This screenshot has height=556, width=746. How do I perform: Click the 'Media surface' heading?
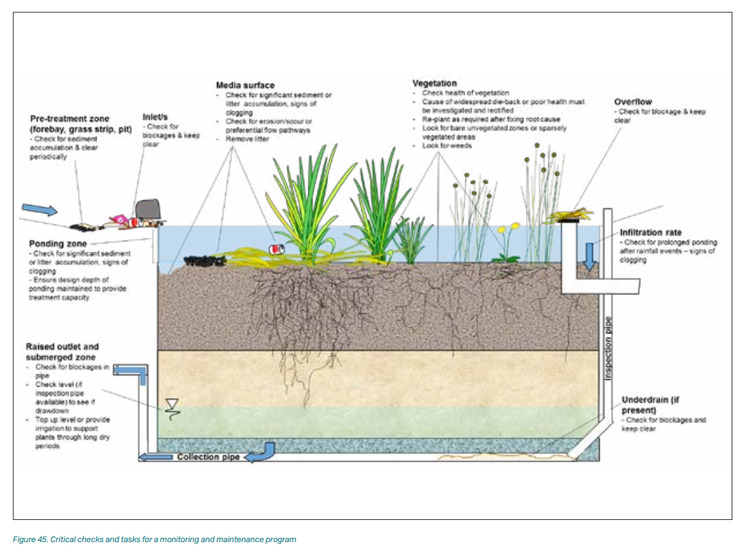point(245,85)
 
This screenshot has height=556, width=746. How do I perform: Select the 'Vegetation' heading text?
point(435,83)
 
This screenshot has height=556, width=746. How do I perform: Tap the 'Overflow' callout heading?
point(633,102)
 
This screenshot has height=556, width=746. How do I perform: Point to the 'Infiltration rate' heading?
point(650,233)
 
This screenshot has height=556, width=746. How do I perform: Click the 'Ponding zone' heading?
point(58,244)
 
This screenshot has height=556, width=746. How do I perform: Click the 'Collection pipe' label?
point(207,457)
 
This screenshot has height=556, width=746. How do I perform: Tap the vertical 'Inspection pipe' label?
point(609,347)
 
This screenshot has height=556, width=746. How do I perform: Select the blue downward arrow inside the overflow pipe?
point(589,256)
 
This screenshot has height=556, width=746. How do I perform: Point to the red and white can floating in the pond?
point(276,249)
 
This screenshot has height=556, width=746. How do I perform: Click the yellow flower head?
point(513,226)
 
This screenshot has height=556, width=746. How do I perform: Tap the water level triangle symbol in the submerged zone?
point(171,404)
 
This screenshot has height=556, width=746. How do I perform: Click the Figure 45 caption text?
point(154,539)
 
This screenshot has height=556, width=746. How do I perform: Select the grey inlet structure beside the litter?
point(148,209)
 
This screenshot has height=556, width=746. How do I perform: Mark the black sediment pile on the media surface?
point(205,260)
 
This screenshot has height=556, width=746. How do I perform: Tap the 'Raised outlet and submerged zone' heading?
point(62,351)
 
